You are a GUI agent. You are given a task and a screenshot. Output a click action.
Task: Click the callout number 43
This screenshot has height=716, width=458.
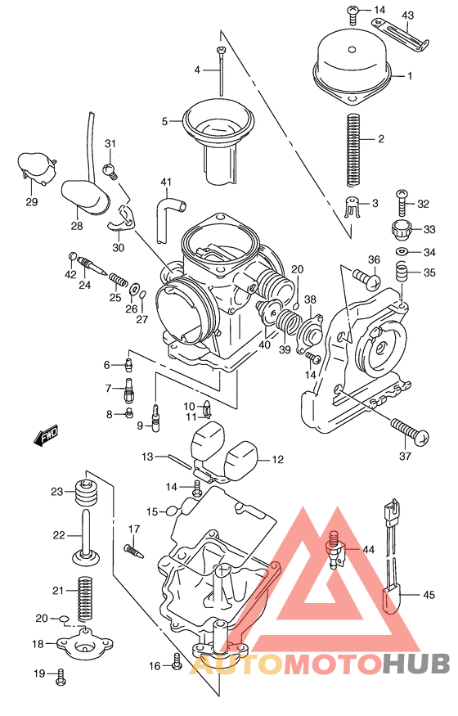(408, 16)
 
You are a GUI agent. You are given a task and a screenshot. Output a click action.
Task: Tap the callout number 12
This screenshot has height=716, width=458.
(276, 460)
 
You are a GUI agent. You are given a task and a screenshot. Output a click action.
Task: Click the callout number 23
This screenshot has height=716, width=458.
(56, 491)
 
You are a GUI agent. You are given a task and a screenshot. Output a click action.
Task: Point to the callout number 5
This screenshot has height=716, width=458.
(164, 121)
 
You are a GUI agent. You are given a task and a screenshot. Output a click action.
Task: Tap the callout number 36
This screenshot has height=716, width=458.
(373, 260)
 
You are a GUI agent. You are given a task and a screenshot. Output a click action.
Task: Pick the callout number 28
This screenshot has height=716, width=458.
(76, 226)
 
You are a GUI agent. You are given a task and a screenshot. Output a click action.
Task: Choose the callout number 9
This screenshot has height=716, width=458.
(140, 425)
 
